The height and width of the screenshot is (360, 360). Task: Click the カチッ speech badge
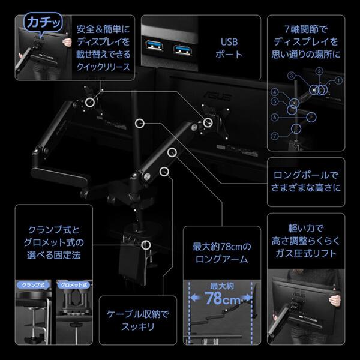pos(40,23)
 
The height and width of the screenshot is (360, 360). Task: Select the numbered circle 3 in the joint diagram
pos(290,76)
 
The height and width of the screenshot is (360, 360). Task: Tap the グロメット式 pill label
pos(71,284)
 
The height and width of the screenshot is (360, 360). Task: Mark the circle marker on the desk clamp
pos(146,245)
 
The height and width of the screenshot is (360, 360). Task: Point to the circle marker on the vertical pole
pos(140,123)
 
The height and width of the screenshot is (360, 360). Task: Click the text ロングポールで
pos(305,175)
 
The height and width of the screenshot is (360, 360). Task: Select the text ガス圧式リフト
pos(305,254)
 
